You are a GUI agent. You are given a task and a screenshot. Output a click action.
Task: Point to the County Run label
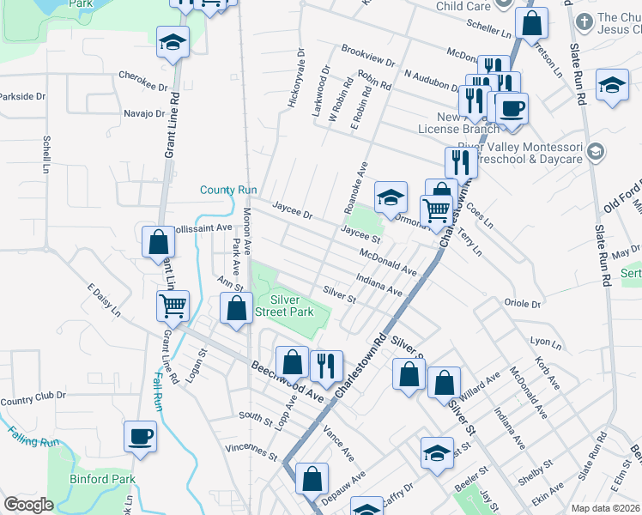(228, 190)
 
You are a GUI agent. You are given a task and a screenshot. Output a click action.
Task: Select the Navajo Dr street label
(143, 113)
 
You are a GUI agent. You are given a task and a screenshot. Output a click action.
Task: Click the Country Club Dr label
(33, 400)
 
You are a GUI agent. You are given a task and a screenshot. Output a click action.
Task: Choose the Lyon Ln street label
(544, 342)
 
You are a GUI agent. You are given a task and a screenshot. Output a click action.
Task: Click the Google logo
(28, 505)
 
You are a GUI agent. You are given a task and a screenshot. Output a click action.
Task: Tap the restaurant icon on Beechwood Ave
(325, 366)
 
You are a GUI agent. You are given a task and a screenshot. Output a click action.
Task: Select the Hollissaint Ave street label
(200, 228)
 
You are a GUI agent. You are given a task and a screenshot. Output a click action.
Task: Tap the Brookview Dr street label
(367, 57)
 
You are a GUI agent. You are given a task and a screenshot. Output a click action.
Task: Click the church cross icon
(584, 21)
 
